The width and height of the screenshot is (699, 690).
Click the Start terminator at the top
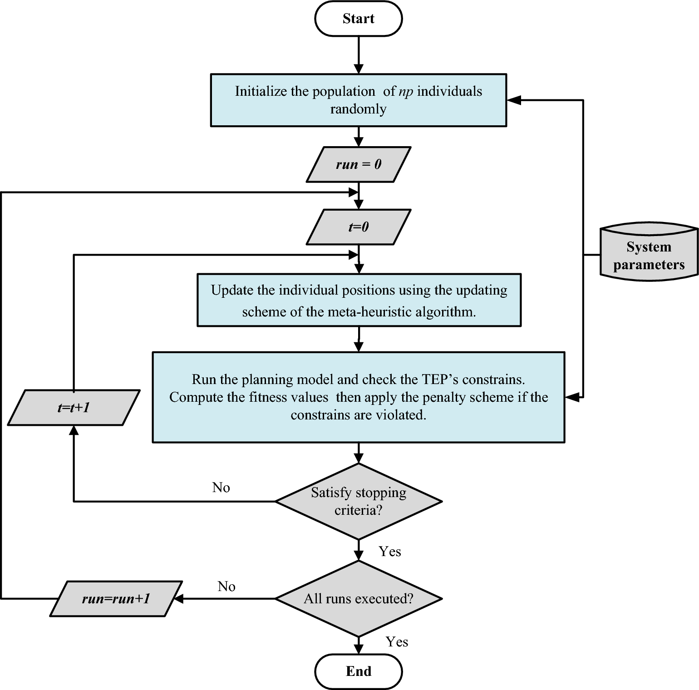click(x=358, y=19)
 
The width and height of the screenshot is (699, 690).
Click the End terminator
click(x=358, y=671)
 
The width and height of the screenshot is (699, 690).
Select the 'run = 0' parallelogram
click(x=358, y=164)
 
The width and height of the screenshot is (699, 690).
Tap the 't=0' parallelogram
click(x=358, y=227)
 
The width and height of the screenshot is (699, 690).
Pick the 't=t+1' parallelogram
click(x=73, y=408)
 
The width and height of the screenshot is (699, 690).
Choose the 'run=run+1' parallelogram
click(x=116, y=599)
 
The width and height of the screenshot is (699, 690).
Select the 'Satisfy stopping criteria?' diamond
click(x=358, y=501)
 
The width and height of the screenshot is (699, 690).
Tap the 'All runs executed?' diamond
click(x=358, y=599)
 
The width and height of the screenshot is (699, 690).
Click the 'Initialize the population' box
click(x=358, y=100)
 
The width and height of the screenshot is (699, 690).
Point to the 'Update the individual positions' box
click(x=358, y=300)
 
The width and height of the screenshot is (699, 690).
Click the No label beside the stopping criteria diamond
click(x=221, y=488)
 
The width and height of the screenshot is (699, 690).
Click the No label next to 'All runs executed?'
click(x=226, y=586)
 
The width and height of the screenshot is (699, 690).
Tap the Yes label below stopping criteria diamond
click(x=390, y=552)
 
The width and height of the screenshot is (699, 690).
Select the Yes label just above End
click(x=397, y=642)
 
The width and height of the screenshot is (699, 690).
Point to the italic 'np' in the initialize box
click(x=406, y=91)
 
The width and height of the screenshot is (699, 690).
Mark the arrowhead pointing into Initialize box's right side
click(x=513, y=100)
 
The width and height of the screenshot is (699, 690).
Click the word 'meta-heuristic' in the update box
click(x=368, y=312)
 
